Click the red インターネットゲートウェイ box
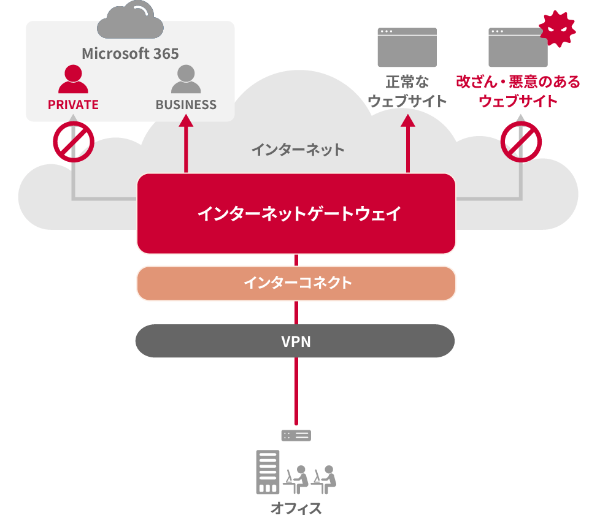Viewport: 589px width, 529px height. click(296, 213)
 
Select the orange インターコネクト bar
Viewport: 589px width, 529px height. click(296, 283)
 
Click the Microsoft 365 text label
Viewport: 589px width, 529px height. click(130, 53)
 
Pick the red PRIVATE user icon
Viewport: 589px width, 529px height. click(73, 79)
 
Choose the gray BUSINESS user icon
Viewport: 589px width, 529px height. click(186, 79)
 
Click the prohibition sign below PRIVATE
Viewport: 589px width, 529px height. click(73, 142)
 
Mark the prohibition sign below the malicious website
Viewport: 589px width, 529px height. click(521, 142)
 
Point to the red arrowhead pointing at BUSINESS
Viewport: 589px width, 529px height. click(186, 120)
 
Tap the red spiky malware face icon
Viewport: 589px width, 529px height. click(556, 29)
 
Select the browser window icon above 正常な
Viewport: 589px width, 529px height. click(407, 47)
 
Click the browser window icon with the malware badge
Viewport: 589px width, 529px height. click(518, 48)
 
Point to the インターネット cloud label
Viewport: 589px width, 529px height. click(298, 149)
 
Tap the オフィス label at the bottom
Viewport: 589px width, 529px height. click(296, 508)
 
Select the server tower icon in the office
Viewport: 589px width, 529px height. click(268, 472)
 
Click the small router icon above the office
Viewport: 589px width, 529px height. click(296, 436)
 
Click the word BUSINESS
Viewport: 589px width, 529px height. click(186, 105)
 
